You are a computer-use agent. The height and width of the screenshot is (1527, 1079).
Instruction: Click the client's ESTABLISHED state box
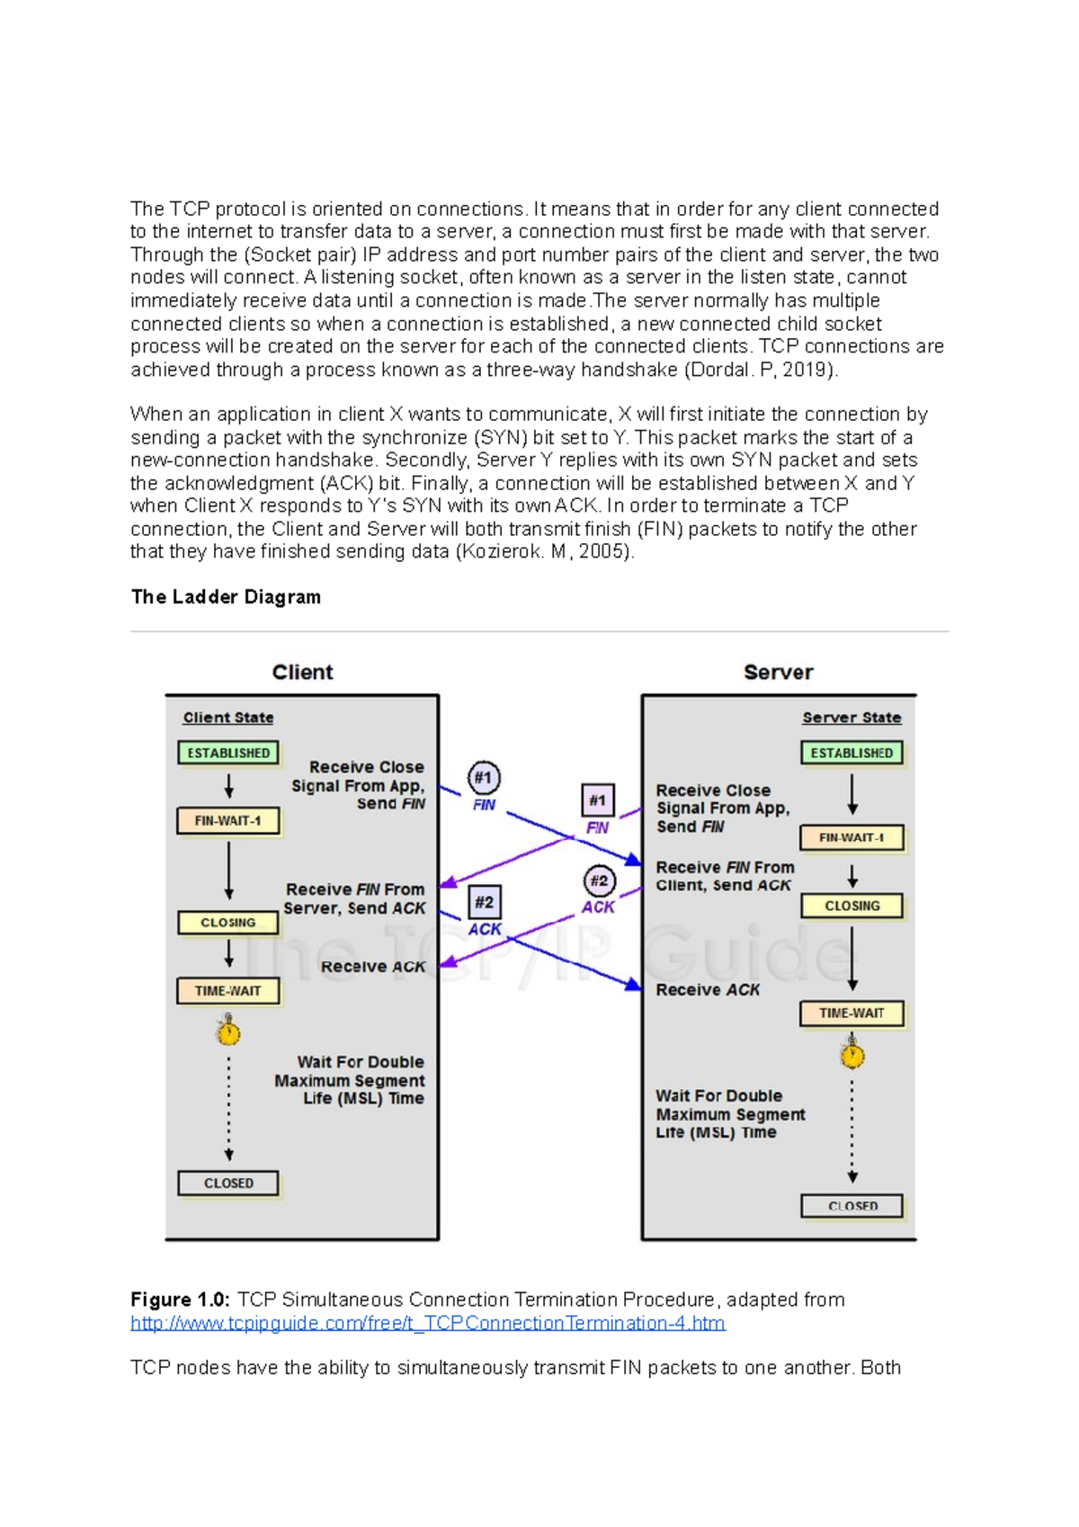228,753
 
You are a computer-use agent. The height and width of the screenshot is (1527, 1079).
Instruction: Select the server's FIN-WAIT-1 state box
852,837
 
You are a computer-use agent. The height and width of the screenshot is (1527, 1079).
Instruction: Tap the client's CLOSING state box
228,923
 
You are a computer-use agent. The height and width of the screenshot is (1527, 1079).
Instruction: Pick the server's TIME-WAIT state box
852,1014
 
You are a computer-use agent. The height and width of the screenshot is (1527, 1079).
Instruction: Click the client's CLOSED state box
228,1183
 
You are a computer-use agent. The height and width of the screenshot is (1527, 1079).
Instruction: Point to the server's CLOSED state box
852,1206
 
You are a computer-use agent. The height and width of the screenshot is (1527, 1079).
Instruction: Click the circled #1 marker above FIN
484,778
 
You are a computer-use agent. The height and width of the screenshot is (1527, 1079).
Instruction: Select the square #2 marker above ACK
484,902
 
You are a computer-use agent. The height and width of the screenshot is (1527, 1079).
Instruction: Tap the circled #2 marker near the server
599,881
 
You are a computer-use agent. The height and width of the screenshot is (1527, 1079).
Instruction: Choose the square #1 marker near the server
597,800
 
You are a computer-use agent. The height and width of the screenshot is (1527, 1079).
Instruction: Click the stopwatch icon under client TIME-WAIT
228,1031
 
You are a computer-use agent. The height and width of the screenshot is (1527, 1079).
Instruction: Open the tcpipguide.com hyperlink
428,1323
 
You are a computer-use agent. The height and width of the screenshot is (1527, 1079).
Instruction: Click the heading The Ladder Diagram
226,597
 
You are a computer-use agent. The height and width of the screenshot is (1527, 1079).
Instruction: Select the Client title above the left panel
302,672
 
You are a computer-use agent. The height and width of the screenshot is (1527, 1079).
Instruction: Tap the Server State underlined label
852,718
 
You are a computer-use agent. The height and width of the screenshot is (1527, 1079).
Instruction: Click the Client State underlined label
228,718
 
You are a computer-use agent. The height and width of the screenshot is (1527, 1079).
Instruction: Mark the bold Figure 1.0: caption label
180,1299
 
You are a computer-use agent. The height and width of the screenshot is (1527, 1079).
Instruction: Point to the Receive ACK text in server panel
708,990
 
